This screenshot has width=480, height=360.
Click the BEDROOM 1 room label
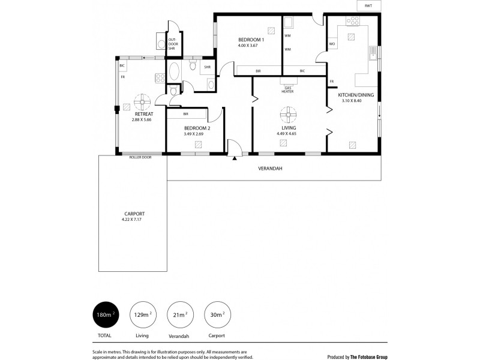(x=251, y=40)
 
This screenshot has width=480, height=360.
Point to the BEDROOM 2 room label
(x=197, y=128)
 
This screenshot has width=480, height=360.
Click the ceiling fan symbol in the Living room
(x=289, y=112)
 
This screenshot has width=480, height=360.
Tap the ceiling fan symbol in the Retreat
(x=143, y=100)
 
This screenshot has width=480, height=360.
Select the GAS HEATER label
(x=288, y=89)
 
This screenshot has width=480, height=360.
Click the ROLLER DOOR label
(x=140, y=157)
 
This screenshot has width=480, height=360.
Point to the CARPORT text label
(x=134, y=214)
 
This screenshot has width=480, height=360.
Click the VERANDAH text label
(x=270, y=169)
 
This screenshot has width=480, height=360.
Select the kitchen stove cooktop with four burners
(x=352, y=21)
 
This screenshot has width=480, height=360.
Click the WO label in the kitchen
(x=332, y=44)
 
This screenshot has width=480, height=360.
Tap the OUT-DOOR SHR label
(x=172, y=44)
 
